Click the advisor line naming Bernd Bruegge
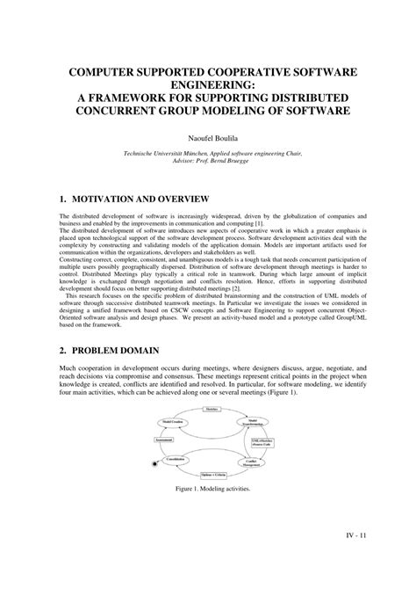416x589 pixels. pos(208,161)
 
